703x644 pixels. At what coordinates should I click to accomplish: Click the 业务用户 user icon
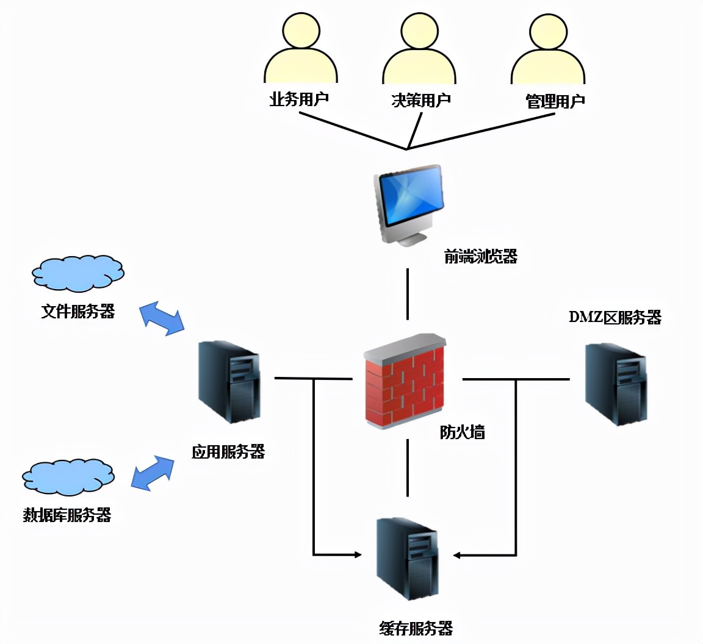point(300,51)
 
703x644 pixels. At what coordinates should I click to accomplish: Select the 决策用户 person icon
point(420,51)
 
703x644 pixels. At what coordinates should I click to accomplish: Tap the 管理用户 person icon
point(548,51)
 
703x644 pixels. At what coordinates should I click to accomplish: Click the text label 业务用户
point(299,99)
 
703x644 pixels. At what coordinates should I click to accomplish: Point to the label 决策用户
point(420,100)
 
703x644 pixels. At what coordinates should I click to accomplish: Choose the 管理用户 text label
point(555,101)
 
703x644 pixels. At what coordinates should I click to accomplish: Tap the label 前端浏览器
point(480,257)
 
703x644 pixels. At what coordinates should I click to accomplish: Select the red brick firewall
point(406,381)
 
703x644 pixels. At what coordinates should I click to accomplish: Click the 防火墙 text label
point(462,432)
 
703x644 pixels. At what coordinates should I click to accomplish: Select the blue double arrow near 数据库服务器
point(153,473)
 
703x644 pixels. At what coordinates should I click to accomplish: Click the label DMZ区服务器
point(615,318)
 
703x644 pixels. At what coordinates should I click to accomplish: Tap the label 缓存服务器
point(416,628)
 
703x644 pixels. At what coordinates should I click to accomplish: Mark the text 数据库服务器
point(67,515)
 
